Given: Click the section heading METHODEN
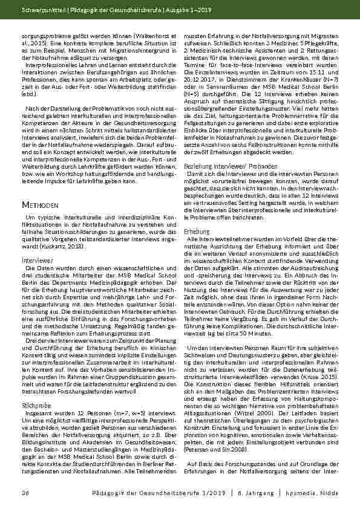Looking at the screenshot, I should (38, 206).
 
